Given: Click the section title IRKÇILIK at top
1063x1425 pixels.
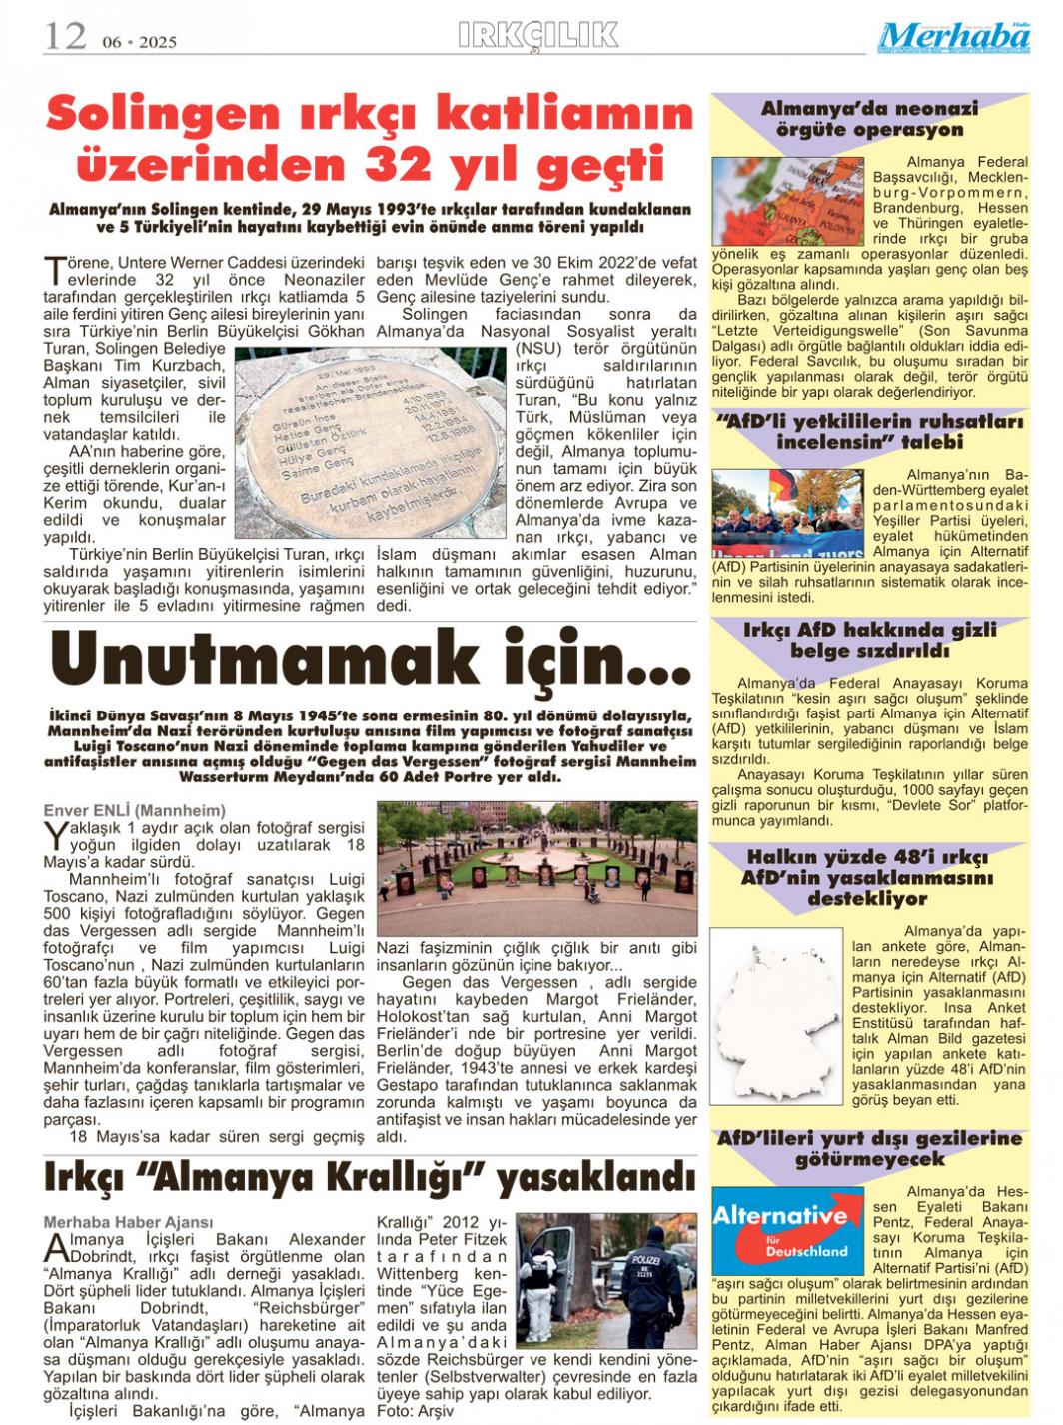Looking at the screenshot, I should click(537, 35).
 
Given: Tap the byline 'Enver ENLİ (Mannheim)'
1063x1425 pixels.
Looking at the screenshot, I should click(134, 810).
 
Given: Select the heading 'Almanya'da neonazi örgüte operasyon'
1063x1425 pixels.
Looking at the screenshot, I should click(869, 119).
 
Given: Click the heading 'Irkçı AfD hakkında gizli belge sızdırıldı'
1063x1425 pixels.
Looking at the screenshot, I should click(869, 640).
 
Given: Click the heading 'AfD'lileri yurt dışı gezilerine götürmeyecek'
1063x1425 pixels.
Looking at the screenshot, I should click(869, 1149).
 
